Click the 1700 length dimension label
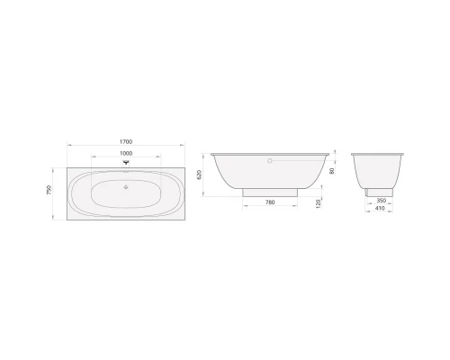click(126, 141)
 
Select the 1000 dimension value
click(126, 153)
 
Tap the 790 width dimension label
click(49, 190)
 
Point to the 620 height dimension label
click(200, 175)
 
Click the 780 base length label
click(270, 202)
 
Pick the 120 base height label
click(319, 203)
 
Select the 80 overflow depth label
click(332, 171)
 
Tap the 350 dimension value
click(381, 201)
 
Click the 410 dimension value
click(380, 208)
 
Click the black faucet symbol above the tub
click(126, 163)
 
